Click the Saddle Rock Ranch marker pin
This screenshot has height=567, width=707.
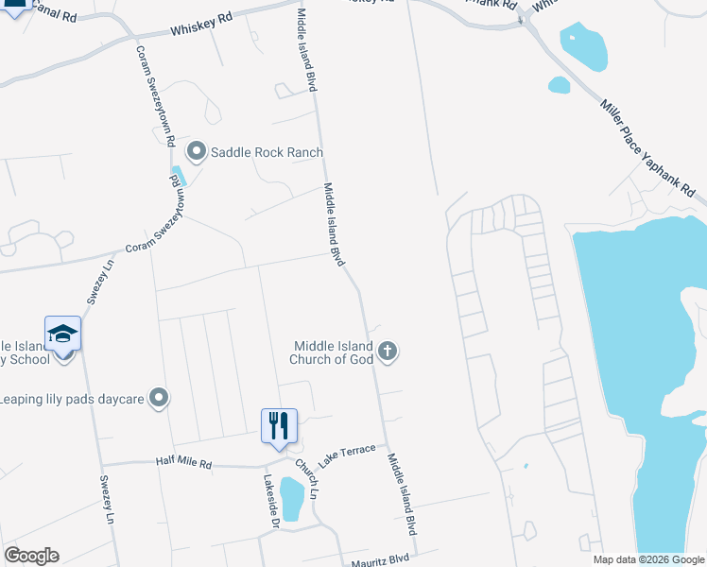[x=197, y=151]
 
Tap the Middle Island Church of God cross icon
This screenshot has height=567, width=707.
[x=387, y=352]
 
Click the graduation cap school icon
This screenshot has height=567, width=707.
[x=63, y=335]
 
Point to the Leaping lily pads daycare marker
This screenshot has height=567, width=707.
[x=159, y=399]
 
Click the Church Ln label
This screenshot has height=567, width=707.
[x=305, y=479]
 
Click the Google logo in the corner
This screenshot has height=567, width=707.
[x=31, y=556]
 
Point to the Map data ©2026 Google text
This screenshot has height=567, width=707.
[x=647, y=559]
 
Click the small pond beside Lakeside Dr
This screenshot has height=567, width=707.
[x=292, y=498]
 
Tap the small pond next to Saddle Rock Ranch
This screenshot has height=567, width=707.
[x=181, y=175]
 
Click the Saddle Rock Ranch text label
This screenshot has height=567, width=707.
[x=267, y=152]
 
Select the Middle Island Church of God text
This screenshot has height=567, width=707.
[x=334, y=352]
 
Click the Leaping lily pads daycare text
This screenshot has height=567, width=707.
[x=72, y=399]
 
